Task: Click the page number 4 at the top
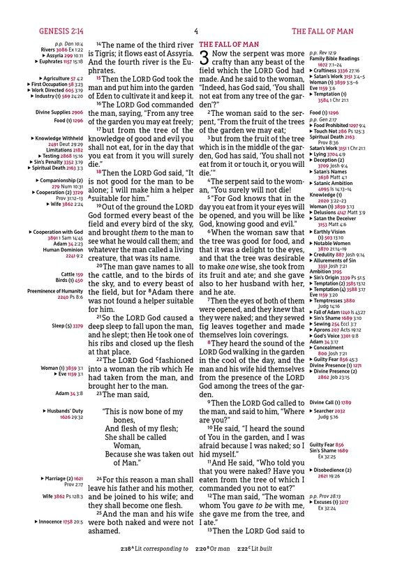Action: tap(196, 31)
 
